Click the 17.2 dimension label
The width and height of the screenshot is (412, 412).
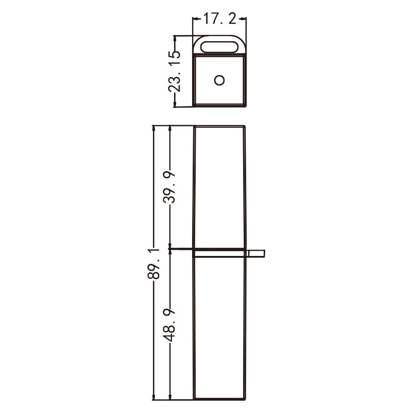(220, 19)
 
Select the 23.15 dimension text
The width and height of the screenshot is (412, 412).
(175, 71)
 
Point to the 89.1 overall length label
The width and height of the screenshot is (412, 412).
(153, 263)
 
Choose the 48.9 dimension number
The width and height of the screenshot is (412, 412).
(169, 325)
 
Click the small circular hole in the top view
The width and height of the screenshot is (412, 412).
(219, 80)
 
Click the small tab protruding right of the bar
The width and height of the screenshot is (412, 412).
(255, 253)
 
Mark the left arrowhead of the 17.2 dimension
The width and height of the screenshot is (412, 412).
(195, 19)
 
